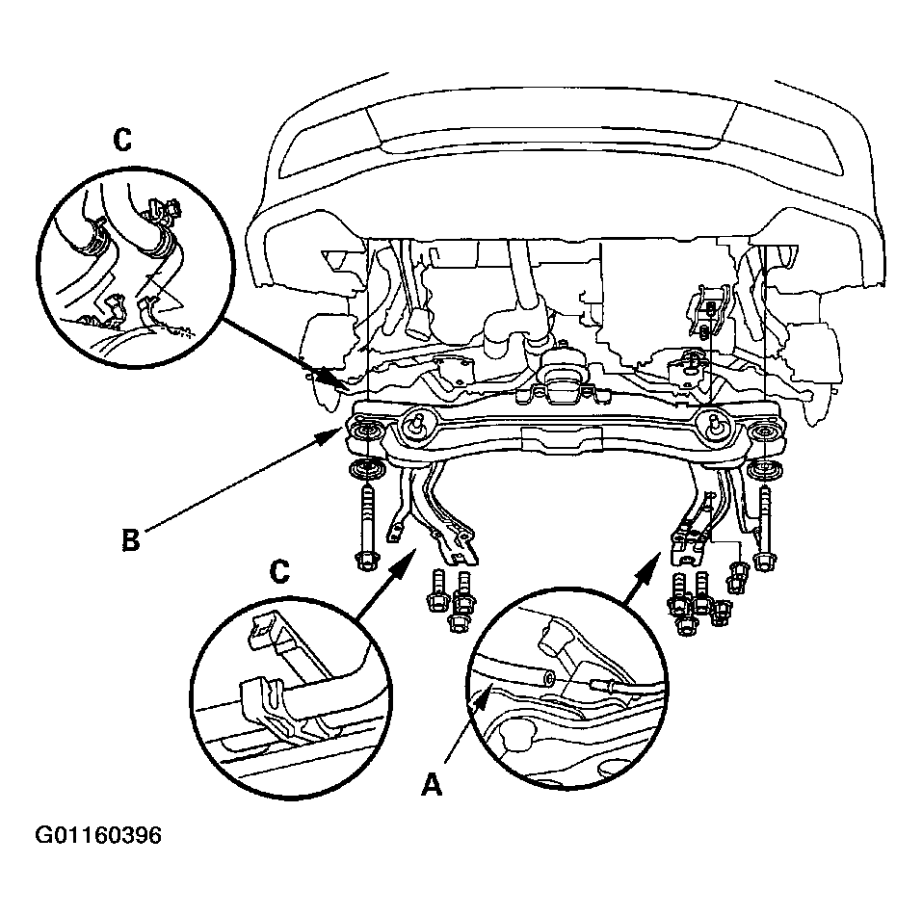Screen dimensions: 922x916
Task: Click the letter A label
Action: click(x=433, y=785)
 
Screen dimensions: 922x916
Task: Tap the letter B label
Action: click(x=130, y=539)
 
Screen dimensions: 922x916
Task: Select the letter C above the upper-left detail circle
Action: click(x=122, y=140)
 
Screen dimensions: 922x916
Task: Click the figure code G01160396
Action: click(x=98, y=835)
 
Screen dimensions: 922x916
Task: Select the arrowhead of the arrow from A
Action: click(x=481, y=695)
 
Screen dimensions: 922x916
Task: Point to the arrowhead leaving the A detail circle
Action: click(x=653, y=561)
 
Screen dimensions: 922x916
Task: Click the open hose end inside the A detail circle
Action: click(x=547, y=679)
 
